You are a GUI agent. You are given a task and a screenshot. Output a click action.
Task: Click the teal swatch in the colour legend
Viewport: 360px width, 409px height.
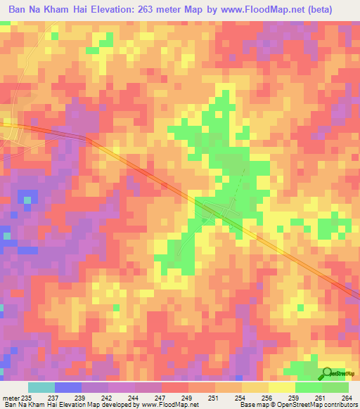click(x=41, y=387)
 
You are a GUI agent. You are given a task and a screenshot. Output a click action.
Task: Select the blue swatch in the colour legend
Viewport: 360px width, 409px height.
click(x=68, y=387)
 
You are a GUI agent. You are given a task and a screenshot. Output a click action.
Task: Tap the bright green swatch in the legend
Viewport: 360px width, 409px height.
click(x=309, y=387)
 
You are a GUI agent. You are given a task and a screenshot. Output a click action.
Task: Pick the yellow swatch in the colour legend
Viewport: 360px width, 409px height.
click(x=282, y=387)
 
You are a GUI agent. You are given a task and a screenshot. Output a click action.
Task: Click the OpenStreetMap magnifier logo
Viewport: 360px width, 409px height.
click(x=328, y=373)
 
